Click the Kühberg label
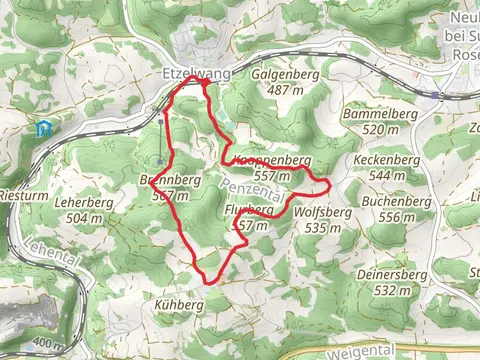tap(179, 302)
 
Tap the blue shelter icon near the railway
tap(41, 128)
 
